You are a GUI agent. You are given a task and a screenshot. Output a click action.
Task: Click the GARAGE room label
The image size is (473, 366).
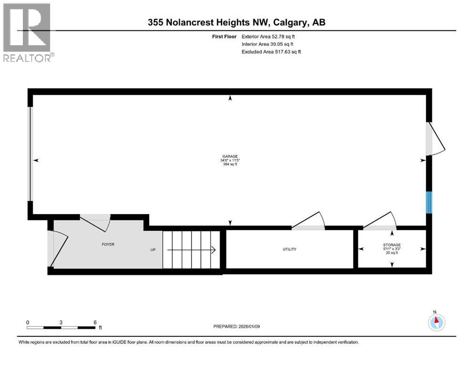(x=230, y=156)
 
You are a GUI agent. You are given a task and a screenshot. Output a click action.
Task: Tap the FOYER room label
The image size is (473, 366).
(x=108, y=244)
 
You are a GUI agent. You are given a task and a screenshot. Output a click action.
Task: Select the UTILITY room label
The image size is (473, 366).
(x=289, y=249)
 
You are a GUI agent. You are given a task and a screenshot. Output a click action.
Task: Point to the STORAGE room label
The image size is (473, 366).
(x=392, y=244)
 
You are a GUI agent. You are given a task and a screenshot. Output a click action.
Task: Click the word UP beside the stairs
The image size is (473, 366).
(x=153, y=250)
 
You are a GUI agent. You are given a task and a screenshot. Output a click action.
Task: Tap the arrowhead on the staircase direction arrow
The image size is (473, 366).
(x=213, y=250)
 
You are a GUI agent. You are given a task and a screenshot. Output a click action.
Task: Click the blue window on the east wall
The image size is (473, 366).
(x=429, y=202)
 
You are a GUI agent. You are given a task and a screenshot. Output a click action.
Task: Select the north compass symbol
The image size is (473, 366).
(x=436, y=322)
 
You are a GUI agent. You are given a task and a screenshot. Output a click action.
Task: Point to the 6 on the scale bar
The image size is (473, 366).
(x=95, y=322)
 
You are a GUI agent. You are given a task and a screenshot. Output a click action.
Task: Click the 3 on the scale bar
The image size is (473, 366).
(x=61, y=322)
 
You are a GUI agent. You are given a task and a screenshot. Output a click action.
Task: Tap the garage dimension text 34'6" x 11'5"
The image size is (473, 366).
(x=230, y=160)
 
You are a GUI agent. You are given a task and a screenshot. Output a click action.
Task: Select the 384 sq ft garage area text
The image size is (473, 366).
(x=230, y=164)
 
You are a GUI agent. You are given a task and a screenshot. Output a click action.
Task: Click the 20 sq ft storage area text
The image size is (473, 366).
(x=392, y=253)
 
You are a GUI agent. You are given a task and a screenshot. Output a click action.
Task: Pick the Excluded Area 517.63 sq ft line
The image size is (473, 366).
(x=272, y=51)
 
